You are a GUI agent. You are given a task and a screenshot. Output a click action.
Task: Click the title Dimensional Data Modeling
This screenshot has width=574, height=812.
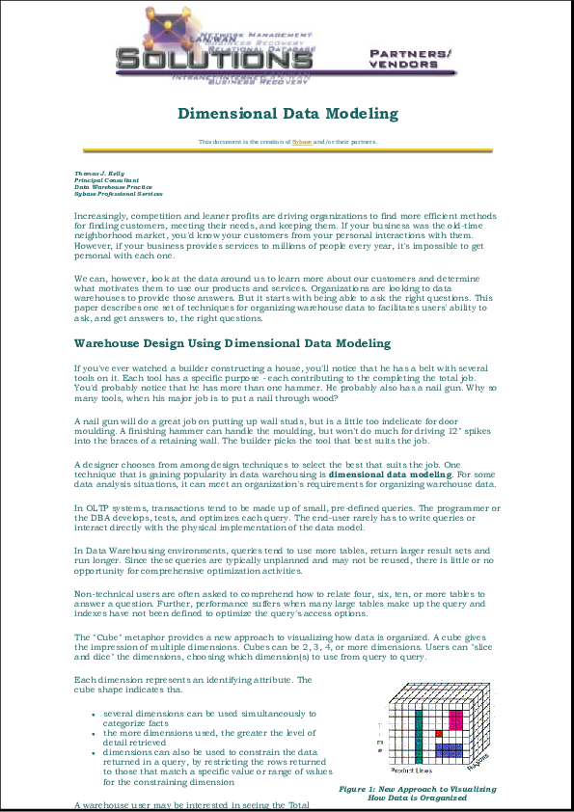tap(287, 114)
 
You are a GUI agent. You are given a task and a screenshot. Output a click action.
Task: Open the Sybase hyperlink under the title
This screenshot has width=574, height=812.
tap(302, 141)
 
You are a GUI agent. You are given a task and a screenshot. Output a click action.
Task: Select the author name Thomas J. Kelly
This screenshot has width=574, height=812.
tap(99, 174)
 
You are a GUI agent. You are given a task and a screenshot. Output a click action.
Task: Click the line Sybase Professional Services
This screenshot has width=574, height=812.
tap(119, 194)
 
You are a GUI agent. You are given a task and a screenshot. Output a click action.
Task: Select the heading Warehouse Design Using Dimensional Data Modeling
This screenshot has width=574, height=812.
tap(232, 342)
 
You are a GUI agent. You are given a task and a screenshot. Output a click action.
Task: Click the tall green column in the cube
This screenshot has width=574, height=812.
tap(419, 739)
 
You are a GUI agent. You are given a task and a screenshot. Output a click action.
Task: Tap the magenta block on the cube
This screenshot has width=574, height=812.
tap(454, 719)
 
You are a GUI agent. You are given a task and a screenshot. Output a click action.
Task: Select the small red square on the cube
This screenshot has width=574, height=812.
tap(438, 735)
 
